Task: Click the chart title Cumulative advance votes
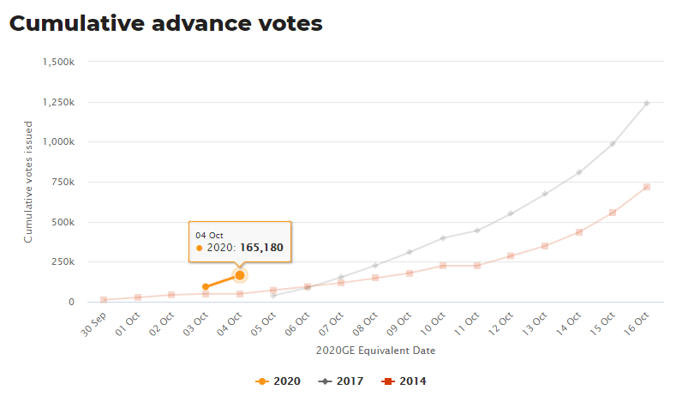(x=165, y=23)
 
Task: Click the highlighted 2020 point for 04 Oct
(x=240, y=275)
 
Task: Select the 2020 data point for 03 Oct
(x=206, y=287)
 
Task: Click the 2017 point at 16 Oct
(x=647, y=103)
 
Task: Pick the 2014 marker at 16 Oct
(x=647, y=187)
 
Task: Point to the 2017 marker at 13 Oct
(x=545, y=194)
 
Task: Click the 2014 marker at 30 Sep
(x=104, y=300)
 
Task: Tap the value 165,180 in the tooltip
(x=261, y=248)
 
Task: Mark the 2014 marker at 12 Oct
(x=511, y=255)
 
